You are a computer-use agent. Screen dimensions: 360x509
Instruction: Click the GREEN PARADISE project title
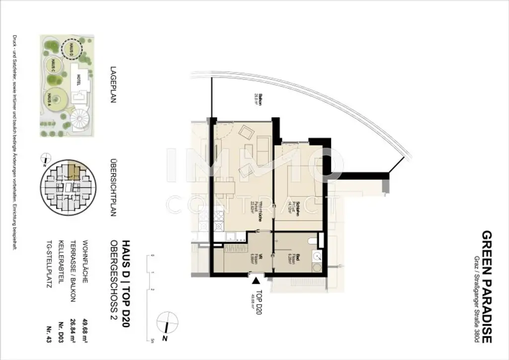[487, 287]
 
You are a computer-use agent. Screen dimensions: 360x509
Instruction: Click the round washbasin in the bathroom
[316, 257]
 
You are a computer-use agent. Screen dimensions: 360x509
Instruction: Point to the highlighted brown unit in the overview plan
[73, 172]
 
